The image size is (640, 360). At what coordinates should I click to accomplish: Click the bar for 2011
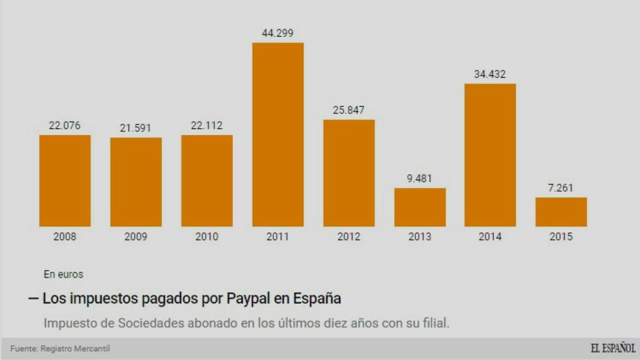[x=278, y=134]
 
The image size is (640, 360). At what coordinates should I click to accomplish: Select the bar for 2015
[x=561, y=212]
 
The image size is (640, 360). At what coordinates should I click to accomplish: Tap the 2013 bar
[x=420, y=207]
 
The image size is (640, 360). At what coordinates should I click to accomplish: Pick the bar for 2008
[x=65, y=181]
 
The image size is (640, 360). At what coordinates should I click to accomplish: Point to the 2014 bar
[x=491, y=155]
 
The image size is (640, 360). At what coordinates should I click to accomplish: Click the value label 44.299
[x=278, y=32]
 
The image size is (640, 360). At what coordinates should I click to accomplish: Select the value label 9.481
[x=419, y=178]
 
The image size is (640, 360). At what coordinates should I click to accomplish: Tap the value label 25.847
[x=349, y=110]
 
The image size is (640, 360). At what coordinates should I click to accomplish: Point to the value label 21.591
[x=136, y=127]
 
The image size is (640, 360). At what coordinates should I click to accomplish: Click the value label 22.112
[x=207, y=126]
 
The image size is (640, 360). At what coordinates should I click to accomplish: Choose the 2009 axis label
[x=136, y=237]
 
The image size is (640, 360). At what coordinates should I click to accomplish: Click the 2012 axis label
[x=349, y=237]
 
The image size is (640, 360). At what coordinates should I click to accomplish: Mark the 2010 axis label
[x=207, y=237]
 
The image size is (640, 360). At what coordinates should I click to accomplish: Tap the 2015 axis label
[x=561, y=237]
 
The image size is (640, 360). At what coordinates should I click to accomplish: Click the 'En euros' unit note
[x=63, y=274]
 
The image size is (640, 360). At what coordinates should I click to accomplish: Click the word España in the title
[x=317, y=298]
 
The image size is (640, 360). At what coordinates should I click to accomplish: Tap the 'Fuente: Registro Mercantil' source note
[x=56, y=348]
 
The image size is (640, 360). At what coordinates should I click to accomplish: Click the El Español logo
[x=612, y=348]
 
